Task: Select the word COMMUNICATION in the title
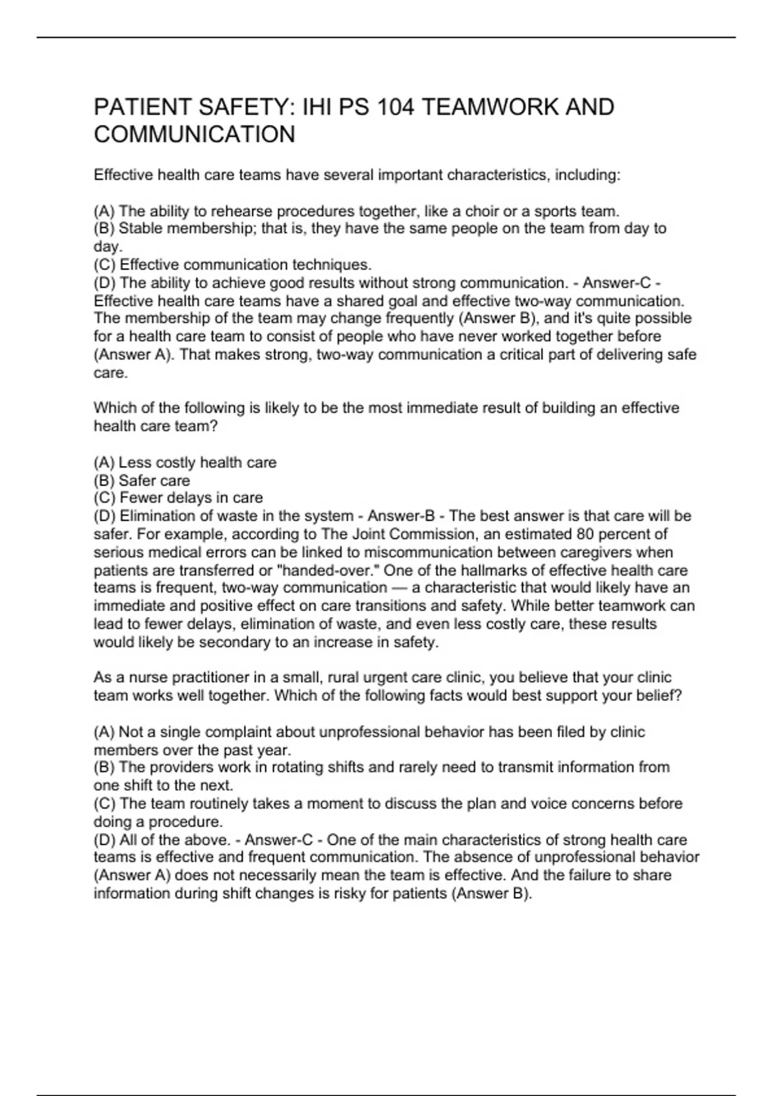coord(195,135)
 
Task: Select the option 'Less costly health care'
coord(197,462)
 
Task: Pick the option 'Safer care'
coord(154,480)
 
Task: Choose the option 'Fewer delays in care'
coord(191,498)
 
